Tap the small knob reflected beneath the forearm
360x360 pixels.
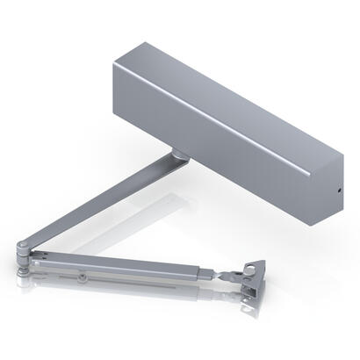83,279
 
